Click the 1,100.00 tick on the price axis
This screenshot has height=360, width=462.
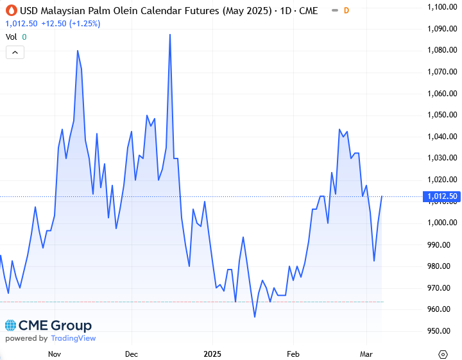pos(440,7)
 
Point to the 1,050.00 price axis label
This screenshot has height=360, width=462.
pos(440,115)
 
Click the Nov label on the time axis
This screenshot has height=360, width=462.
pos(55,354)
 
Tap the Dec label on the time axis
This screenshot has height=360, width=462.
pos(132,354)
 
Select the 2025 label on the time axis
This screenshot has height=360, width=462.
pos(212,354)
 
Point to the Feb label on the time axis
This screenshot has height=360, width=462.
pos(293,354)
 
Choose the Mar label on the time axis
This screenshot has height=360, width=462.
pos(366,354)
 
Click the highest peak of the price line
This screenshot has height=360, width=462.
pos(170,35)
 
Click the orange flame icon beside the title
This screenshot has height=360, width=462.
pos(10,10)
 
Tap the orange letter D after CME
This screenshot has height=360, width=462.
pos(346,10)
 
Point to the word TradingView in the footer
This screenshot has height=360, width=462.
pos(73,338)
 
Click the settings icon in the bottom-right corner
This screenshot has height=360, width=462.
pos(443,354)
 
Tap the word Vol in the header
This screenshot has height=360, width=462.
pos(11,37)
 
